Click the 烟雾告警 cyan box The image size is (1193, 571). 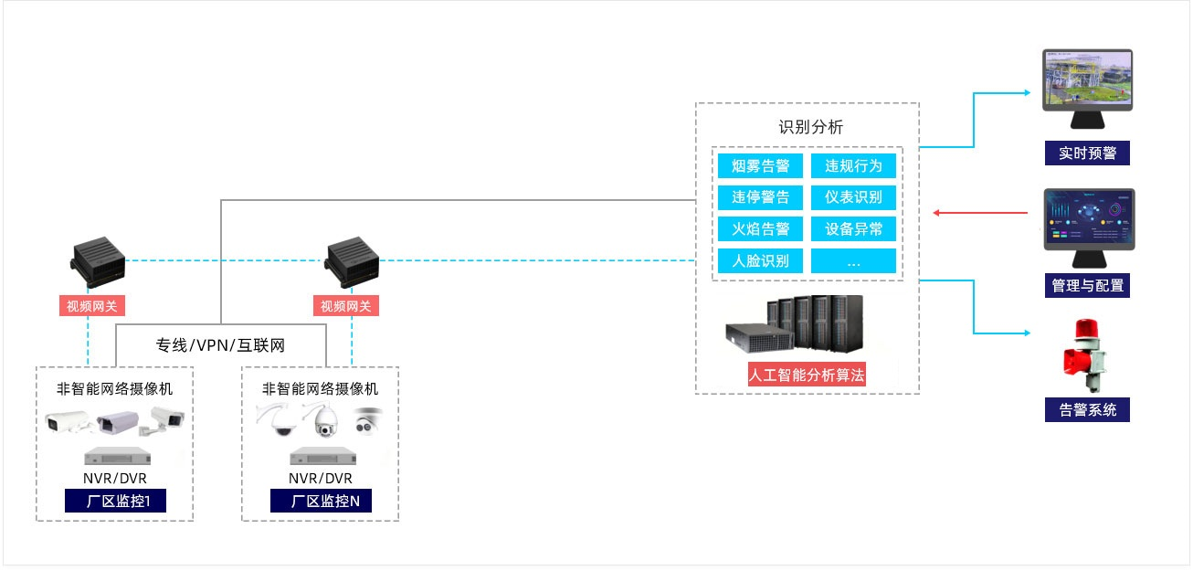[760, 166]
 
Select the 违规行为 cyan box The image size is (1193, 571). [854, 166]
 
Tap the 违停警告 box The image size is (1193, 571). [760, 197]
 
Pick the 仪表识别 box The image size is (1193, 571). [854, 197]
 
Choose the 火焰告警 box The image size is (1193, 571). [760, 228]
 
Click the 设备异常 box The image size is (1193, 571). [854, 228]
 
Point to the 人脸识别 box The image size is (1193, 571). [760, 260]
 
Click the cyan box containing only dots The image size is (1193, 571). [854, 260]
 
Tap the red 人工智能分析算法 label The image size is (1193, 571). [807, 375]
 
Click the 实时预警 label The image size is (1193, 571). [1087, 153]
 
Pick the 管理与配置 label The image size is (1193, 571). [1087, 285]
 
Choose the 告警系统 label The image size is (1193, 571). [1087, 409]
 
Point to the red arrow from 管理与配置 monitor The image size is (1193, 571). [982, 214]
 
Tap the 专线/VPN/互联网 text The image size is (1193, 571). [220, 345]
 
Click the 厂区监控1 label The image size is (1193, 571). [115, 502]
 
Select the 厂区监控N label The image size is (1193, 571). [320, 502]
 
